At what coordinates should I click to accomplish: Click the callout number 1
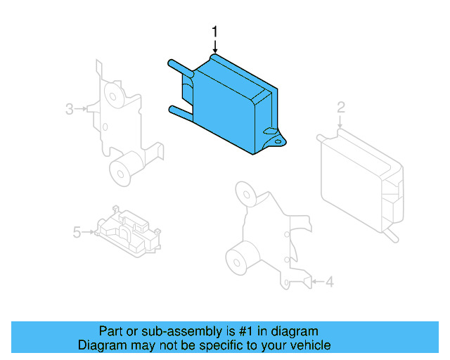pyautogui.click(x=216, y=31)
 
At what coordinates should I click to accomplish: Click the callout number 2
pyautogui.click(x=340, y=108)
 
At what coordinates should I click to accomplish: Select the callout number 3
pyautogui.click(x=70, y=109)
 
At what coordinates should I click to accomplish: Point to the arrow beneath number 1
pyautogui.click(x=216, y=46)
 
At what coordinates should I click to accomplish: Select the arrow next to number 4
pyautogui.click(x=316, y=282)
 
